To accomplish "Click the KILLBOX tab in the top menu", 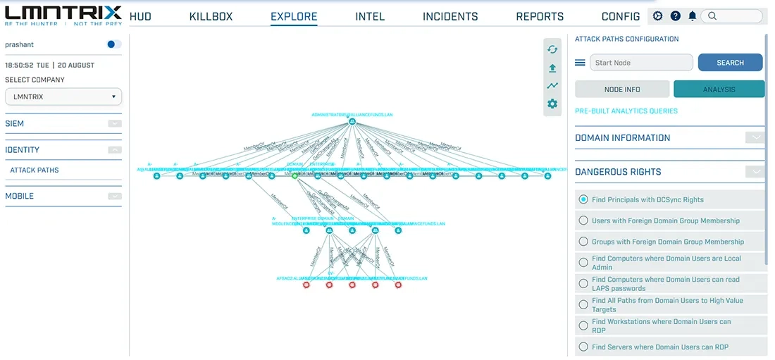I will click(211, 16).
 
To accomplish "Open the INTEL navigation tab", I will click(370, 16).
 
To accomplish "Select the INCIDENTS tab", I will click(450, 16).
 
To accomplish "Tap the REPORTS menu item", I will click(540, 16).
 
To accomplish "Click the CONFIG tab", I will click(621, 16).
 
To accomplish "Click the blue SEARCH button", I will click(730, 63).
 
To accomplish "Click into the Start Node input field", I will click(641, 63).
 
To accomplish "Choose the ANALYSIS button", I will click(719, 89).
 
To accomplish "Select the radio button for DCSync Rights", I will click(583, 199).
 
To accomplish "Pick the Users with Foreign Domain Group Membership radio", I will click(583, 221).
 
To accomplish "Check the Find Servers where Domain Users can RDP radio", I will click(583, 347).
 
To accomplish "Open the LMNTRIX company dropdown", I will click(63, 97).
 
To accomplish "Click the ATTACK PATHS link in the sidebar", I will click(35, 170).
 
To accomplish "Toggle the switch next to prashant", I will click(113, 44).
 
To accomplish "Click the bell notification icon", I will click(693, 16).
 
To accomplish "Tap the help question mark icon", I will click(676, 16).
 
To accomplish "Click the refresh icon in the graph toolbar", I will click(552, 49).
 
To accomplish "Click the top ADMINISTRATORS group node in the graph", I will click(352, 123).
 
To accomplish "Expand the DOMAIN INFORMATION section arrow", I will click(755, 138).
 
